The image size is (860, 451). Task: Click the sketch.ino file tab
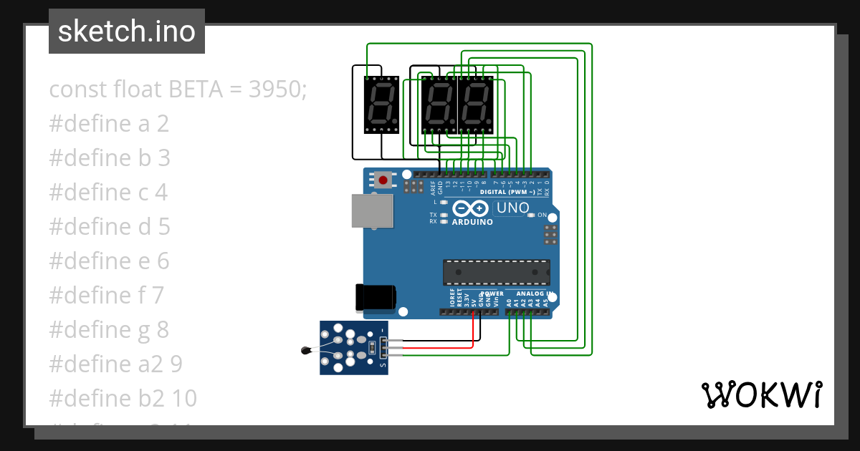[x=126, y=31]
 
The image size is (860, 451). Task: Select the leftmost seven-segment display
[x=381, y=105]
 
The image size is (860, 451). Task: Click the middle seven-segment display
[x=439, y=105]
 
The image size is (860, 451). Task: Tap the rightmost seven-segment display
[x=475, y=105]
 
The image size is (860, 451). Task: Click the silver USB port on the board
[x=373, y=211]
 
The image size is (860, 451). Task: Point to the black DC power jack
[x=376, y=297]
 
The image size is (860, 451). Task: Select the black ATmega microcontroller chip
[x=496, y=272]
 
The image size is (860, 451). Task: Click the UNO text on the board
[x=513, y=208]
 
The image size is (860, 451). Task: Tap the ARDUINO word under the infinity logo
[x=472, y=222]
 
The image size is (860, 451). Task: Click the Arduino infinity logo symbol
[x=471, y=208]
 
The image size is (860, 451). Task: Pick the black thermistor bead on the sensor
[x=306, y=350]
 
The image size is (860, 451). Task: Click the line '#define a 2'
[x=109, y=124]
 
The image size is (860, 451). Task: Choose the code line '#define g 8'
[x=109, y=329]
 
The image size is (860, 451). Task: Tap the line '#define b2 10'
[x=123, y=398]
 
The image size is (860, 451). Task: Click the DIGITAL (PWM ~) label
[x=507, y=192]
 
